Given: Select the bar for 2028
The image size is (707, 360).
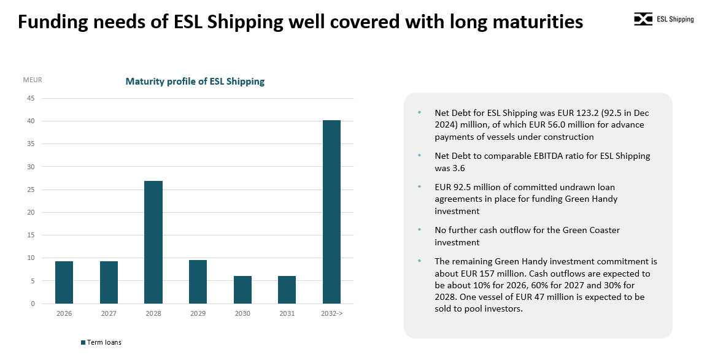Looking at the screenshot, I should click(x=153, y=242).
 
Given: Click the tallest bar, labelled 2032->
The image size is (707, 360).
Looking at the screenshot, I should click(x=331, y=212).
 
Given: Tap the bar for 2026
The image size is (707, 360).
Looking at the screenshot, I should click(x=64, y=282).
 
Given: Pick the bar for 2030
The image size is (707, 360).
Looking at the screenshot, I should click(x=242, y=289).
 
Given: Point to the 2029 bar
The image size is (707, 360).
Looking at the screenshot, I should click(x=198, y=281).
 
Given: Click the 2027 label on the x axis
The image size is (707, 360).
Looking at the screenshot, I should click(x=109, y=313).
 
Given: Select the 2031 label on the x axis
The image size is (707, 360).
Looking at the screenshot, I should click(x=287, y=313).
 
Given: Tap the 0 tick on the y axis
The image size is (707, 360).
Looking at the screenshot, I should click(x=33, y=304).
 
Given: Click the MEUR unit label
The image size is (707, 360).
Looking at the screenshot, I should click(x=33, y=80).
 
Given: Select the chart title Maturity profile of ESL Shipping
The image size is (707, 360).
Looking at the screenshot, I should click(x=195, y=81).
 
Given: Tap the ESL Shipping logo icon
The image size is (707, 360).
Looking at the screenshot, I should click(x=643, y=20).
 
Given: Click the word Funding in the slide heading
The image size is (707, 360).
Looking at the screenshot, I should click(x=51, y=22).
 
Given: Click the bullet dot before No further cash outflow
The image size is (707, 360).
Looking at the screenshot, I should click(x=420, y=230).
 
